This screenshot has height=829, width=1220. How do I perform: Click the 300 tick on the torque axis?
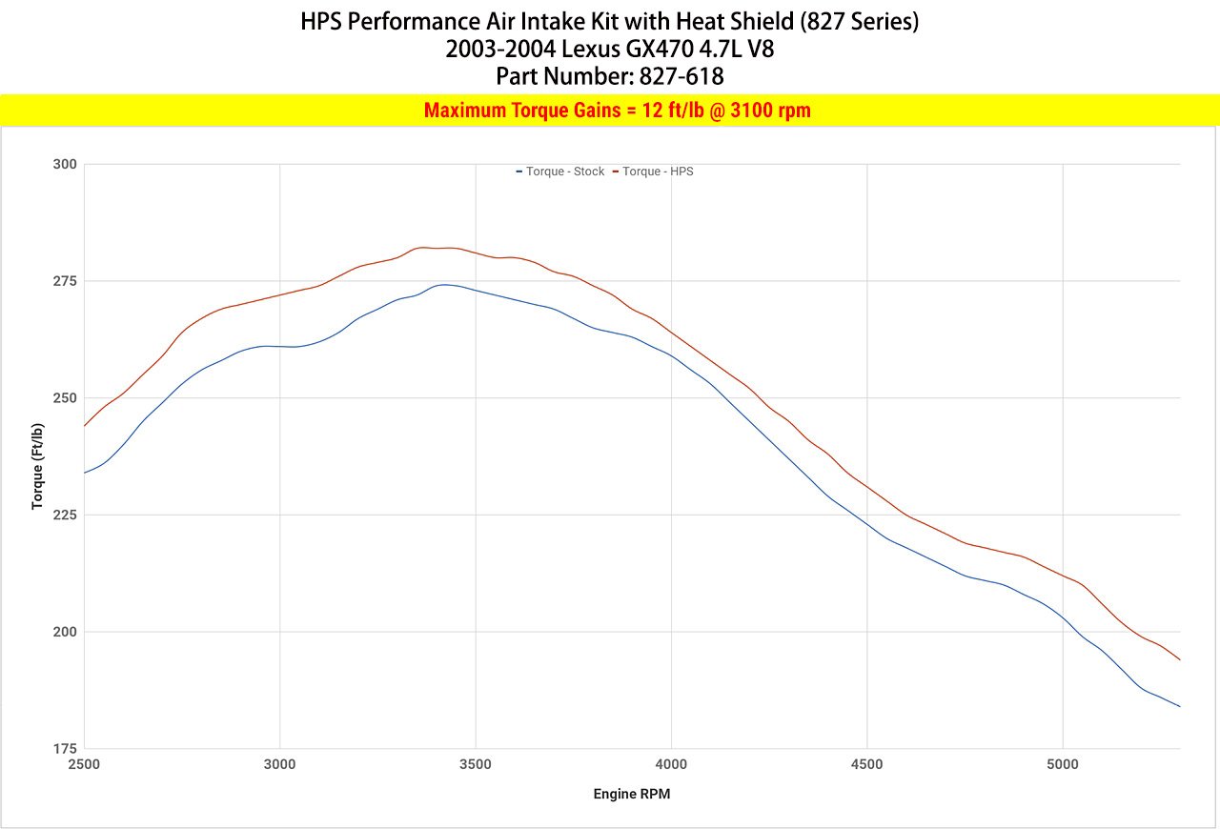pyautogui.click(x=64, y=164)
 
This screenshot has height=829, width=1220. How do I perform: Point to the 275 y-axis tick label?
pyautogui.click(x=64, y=281)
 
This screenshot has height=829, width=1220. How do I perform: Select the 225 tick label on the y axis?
pyautogui.click(x=64, y=515)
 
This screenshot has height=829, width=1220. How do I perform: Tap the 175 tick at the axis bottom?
pyautogui.click(x=64, y=749)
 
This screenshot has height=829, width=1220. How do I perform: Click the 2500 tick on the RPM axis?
pyautogui.click(x=84, y=764)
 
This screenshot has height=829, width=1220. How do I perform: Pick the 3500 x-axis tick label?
pyautogui.click(x=475, y=764)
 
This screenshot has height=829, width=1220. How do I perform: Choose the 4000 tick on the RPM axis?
pyautogui.click(x=671, y=764)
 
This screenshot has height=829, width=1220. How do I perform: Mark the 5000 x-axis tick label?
pyautogui.click(x=1062, y=764)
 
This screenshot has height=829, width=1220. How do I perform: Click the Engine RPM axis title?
pyautogui.click(x=631, y=794)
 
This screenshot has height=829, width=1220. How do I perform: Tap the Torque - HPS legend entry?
pyautogui.click(x=657, y=172)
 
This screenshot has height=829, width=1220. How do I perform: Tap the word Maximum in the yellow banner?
pyautogui.click(x=464, y=111)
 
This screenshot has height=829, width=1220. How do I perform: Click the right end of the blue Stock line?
pyautogui.click(x=1180, y=706)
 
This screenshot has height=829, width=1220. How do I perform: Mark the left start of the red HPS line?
pyautogui.click(x=85, y=425)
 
